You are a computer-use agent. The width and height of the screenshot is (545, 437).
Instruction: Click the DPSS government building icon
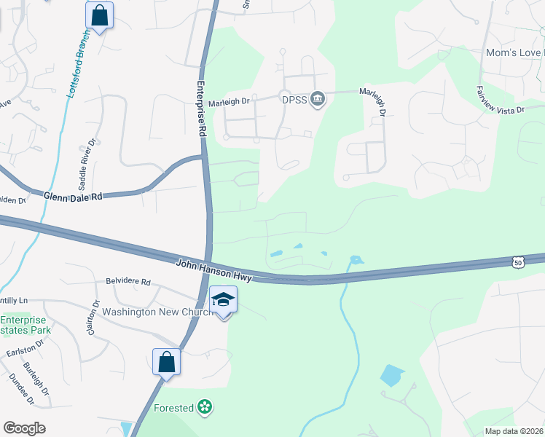click(x=317, y=98)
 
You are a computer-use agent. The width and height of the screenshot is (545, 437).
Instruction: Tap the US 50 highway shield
click(x=518, y=261)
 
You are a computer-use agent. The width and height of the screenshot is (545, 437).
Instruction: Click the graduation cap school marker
click(x=223, y=300)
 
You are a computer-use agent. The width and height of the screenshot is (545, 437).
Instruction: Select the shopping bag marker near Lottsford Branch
click(x=99, y=15)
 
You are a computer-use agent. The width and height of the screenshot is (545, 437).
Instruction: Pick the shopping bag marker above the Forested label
click(x=166, y=361)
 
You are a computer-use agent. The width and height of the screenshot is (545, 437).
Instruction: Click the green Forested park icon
click(x=205, y=408)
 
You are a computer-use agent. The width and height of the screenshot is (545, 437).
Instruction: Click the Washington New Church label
click(x=157, y=312)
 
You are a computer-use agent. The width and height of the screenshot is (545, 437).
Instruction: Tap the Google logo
click(x=24, y=428)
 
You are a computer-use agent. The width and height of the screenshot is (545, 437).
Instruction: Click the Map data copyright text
click(x=514, y=431)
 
